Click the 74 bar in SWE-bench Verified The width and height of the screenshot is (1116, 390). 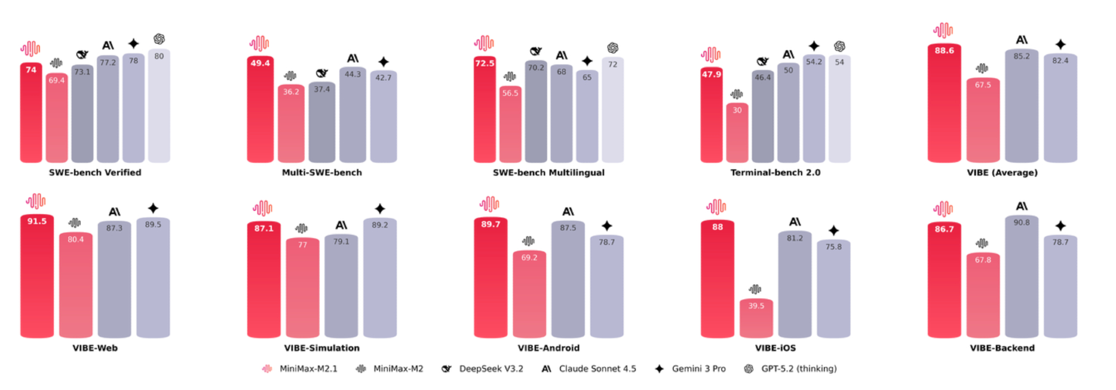[31, 114]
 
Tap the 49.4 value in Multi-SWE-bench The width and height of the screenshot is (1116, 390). [260, 63]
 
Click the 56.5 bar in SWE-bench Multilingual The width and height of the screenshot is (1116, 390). [510, 125]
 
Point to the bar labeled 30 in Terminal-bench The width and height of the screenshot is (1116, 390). [737, 134]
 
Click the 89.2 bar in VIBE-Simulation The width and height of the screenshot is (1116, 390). [380, 279]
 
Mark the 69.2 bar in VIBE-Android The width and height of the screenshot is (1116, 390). [530, 295]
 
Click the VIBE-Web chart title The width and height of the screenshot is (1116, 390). [95, 348]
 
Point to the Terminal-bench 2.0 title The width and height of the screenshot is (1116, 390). [775, 173]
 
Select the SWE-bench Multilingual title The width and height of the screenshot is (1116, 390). [549, 173]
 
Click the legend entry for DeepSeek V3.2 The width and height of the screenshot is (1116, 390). [483, 369]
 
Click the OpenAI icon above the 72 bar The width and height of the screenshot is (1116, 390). [613, 48]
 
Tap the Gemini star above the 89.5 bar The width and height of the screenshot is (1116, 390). [153, 208]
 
